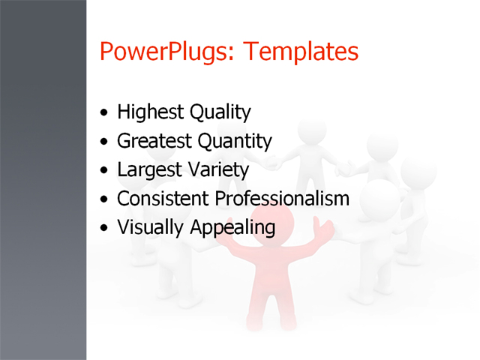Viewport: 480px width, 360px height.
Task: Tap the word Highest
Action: coord(150,112)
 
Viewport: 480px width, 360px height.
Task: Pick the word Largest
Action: coord(148,170)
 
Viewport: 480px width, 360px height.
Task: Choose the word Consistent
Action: coord(163,199)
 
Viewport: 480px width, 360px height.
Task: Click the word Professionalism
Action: coord(283,199)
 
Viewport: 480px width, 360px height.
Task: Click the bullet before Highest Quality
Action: coord(103,114)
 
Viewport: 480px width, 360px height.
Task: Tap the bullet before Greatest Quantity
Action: coord(103,142)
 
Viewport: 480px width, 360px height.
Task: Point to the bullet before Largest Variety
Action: coord(103,171)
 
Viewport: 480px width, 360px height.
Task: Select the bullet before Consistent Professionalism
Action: coord(103,199)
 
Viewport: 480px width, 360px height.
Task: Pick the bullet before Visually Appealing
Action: coord(103,228)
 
